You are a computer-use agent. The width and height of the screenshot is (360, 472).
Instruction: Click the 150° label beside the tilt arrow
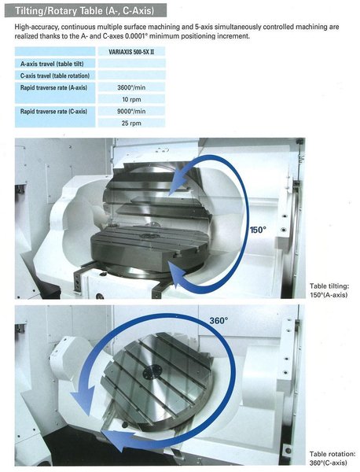pyautogui.click(x=258, y=230)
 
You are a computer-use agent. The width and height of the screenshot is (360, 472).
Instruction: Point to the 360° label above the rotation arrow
pyautogui.click(x=218, y=320)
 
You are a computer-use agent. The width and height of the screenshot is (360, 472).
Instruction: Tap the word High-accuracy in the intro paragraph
pyautogui.click(x=38, y=27)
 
